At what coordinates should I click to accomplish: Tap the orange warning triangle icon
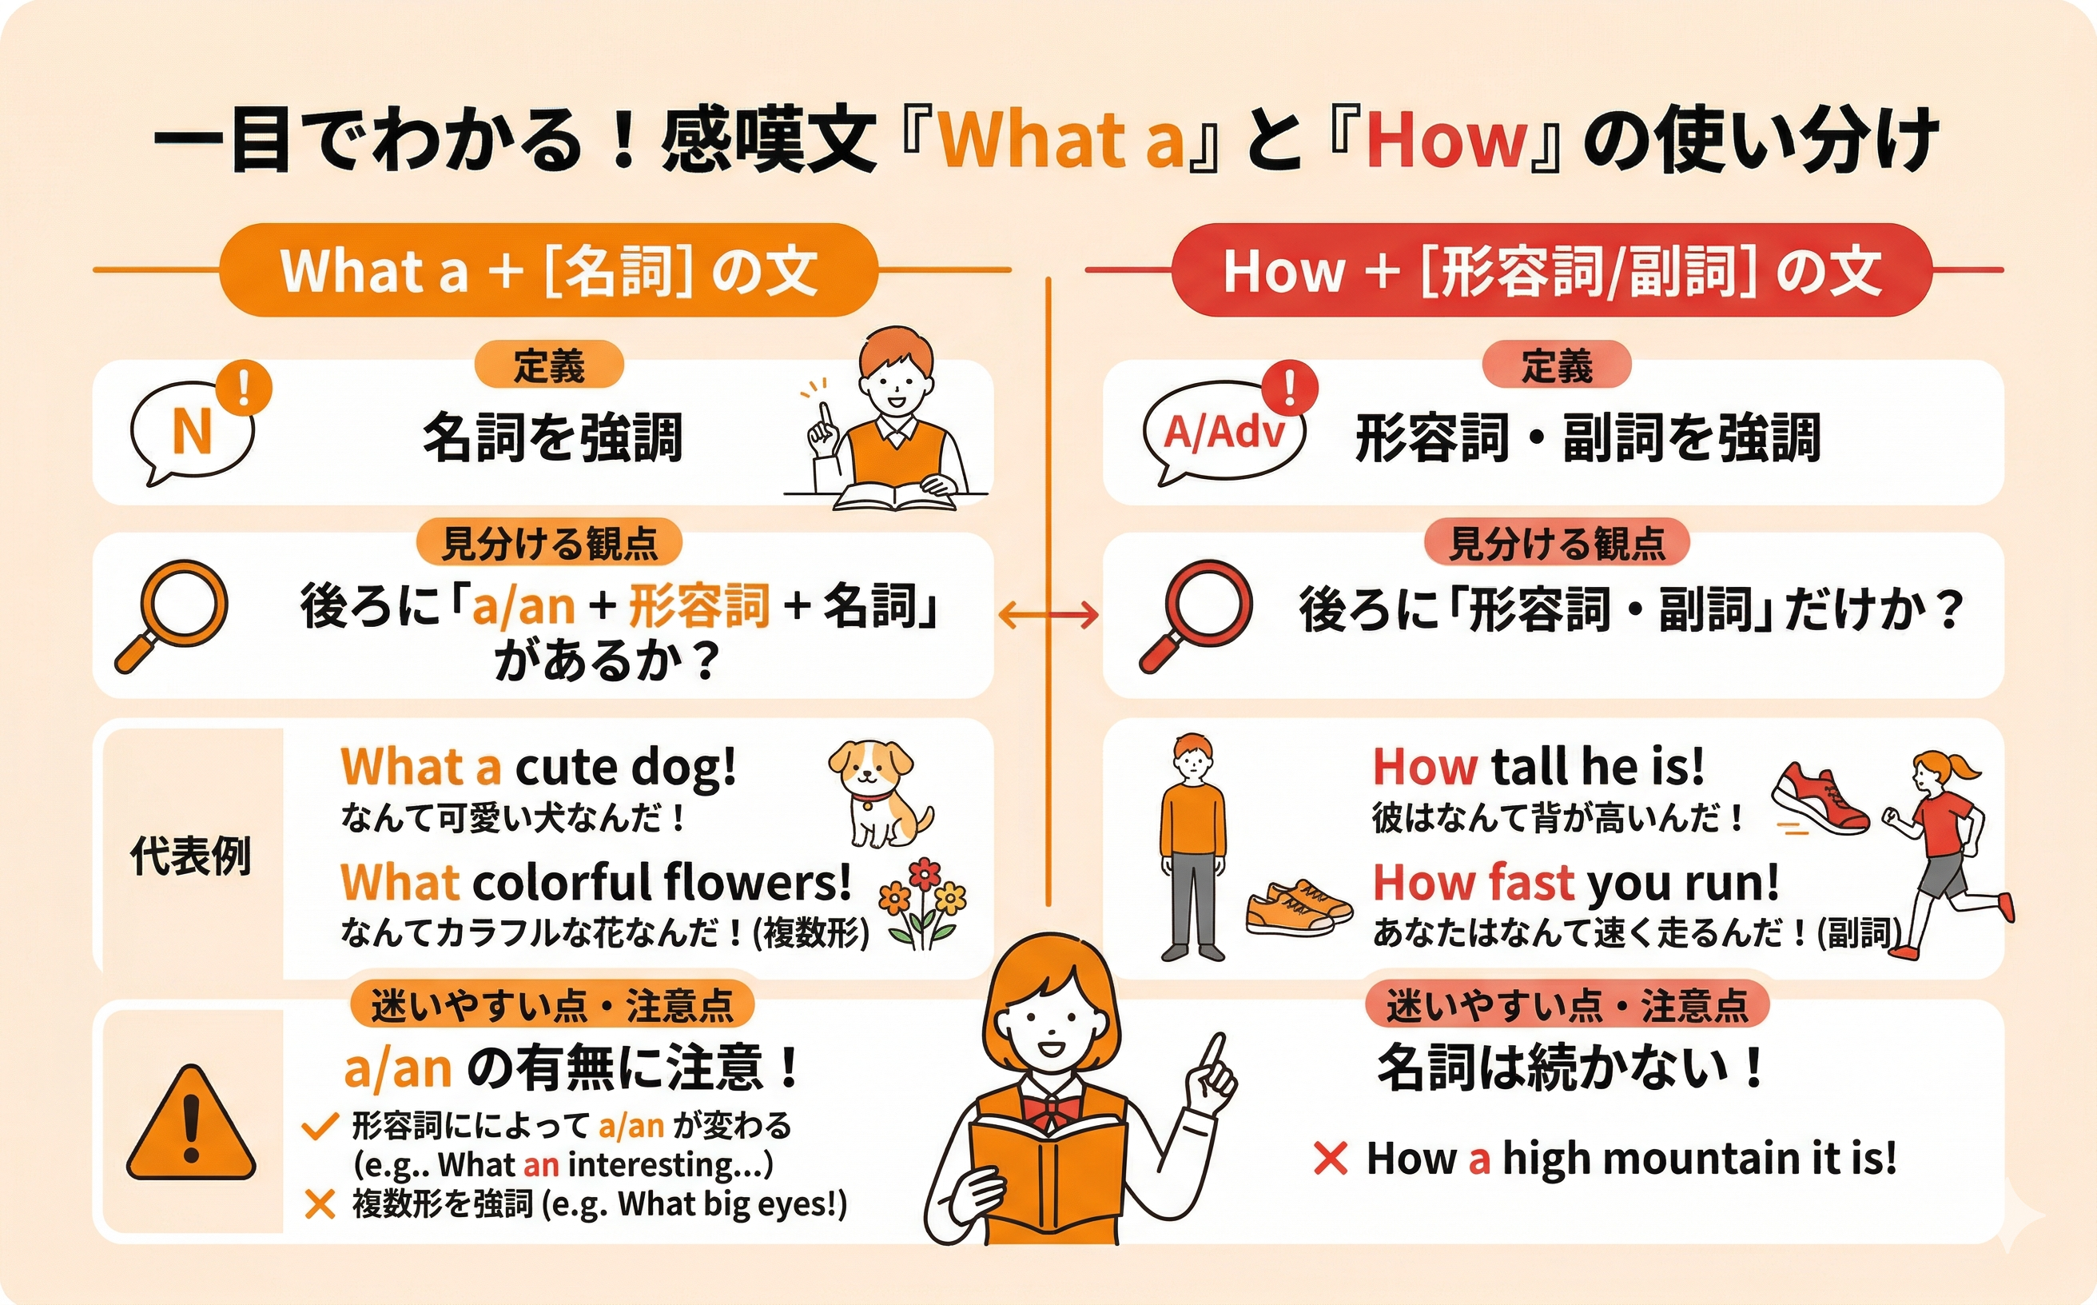click(192, 1123)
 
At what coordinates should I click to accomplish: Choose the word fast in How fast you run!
click(1531, 882)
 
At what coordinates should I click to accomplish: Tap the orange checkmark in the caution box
click(319, 1127)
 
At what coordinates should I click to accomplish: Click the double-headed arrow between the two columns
click(1048, 615)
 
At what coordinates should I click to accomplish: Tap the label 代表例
click(191, 856)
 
